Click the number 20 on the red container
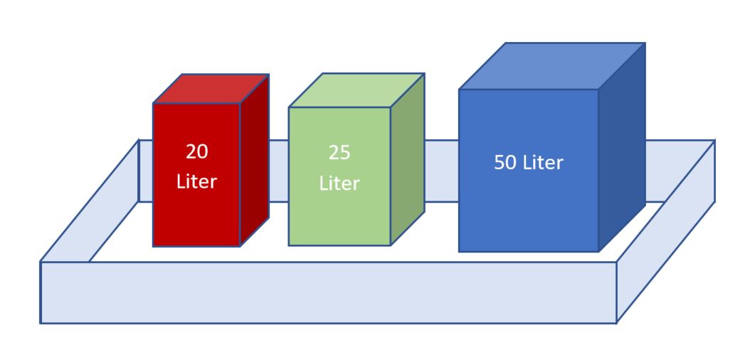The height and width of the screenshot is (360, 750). [x=196, y=152]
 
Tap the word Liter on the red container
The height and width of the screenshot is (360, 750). [x=196, y=181]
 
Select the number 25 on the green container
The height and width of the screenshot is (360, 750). [x=339, y=153]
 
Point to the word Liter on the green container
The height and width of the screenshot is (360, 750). [x=339, y=184]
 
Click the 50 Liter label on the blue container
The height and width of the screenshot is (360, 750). [x=528, y=162]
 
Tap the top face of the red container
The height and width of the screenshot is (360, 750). [x=211, y=89]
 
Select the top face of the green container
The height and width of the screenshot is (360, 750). [x=356, y=90]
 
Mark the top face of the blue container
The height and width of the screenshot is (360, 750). [x=551, y=66]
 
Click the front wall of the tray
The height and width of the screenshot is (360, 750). [x=327, y=292]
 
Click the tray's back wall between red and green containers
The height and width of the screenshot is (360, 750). [x=278, y=171]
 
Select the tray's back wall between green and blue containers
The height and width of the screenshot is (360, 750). [x=441, y=171]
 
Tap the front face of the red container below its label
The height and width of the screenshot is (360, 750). [x=196, y=221]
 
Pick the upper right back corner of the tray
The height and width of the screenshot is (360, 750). [x=713, y=141]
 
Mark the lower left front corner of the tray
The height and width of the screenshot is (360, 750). [x=41, y=322]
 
